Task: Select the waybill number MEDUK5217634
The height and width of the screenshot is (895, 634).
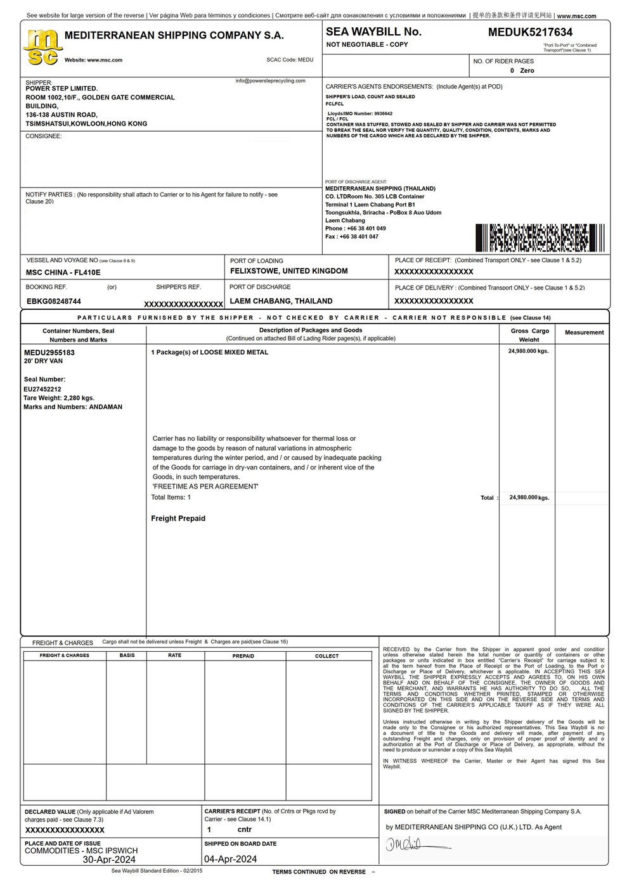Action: click(530, 32)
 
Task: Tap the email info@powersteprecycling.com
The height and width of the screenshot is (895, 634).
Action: click(270, 81)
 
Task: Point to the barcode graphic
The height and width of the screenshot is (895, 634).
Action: click(540, 238)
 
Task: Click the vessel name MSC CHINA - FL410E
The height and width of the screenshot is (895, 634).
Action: click(63, 272)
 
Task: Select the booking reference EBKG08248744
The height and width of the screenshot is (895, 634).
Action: click(54, 302)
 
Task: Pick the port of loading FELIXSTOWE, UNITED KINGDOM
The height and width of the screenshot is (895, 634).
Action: click(288, 271)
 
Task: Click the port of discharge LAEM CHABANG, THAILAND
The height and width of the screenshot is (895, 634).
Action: click(281, 301)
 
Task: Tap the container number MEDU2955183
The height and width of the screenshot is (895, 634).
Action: click(49, 352)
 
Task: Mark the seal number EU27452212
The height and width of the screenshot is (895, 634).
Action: click(42, 389)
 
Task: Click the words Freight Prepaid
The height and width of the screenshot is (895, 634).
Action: click(178, 518)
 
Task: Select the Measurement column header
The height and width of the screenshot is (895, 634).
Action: click(584, 333)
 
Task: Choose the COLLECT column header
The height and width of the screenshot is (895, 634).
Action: click(327, 656)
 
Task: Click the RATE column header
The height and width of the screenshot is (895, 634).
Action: click(174, 656)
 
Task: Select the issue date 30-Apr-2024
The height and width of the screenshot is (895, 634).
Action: click(109, 860)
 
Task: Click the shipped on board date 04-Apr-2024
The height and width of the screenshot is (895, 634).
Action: click(230, 860)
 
